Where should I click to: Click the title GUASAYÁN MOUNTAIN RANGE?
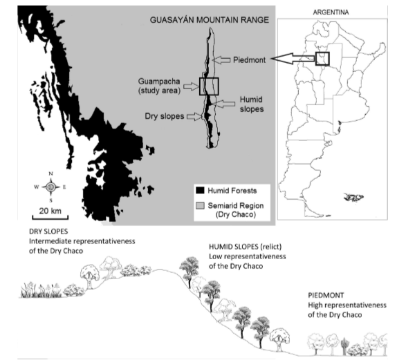click(210, 20)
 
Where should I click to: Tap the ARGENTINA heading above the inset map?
click(331, 12)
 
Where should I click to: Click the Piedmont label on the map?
click(249, 60)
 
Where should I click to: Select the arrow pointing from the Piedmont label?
click(221, 60)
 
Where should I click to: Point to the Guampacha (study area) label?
click(159, 86)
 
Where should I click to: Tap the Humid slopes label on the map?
click(252, 104)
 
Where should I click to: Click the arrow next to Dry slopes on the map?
click(194, 116)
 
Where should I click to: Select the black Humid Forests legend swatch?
click(200, 191)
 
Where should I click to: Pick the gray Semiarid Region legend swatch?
click(200, 206)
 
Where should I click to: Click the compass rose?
click(50, 187)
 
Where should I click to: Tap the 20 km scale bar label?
click(50, 211)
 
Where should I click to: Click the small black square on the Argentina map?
click(322, 59)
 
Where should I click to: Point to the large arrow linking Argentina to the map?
click(293, 59)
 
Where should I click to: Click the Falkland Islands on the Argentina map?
click(353, 197)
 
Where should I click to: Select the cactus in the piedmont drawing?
click(344, 346)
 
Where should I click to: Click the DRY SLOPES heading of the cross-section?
click(48, 231)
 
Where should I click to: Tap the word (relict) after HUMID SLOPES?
click(271, 247)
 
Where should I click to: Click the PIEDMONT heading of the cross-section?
click(326, 295)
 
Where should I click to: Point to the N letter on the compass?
click(50, 173)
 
